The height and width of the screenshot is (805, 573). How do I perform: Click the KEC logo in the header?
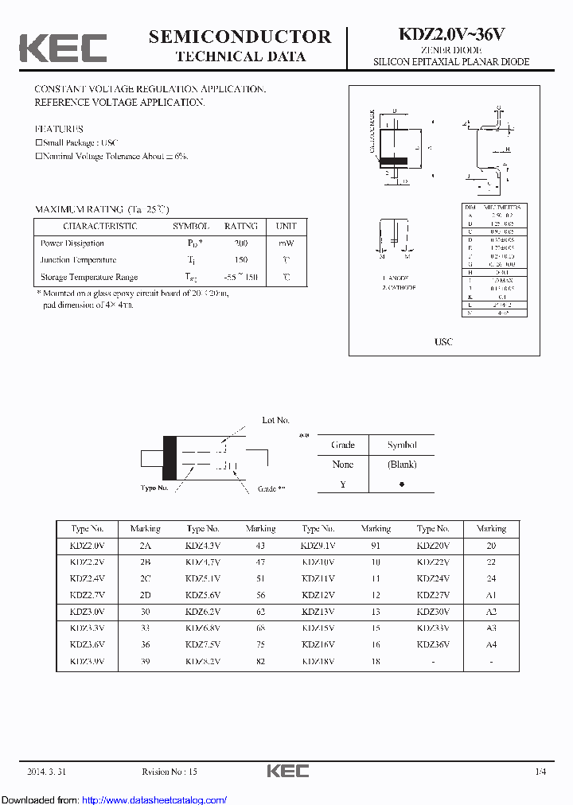click(x=62, y=48)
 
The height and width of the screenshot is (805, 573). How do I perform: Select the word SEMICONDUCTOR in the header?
click(x=240, y=37)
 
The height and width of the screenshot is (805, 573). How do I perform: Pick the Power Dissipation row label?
click(x=72, y=243)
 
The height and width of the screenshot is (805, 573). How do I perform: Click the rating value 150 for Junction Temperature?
click(x=240, y=260)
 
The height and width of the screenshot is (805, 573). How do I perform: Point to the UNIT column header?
click(x=285, y=226)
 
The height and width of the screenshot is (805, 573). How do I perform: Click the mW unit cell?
click(x=285, y=243)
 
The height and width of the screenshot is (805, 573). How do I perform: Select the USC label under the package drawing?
click(x=443, y=341)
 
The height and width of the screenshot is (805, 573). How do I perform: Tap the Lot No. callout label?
click(x=276, y=420)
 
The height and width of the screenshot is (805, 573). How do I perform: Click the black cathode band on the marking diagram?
click(x=170, y=459)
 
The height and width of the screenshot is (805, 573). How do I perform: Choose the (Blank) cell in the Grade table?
click(x=402, y=465)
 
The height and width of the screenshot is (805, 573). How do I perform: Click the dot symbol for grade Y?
click(x=402, y=484)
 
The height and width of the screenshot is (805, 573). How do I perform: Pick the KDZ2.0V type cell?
click(x=87, y=546)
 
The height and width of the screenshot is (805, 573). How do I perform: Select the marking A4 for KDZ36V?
click(x=491, y=644)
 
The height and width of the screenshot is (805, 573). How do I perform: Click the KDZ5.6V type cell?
click(x=203, y=595)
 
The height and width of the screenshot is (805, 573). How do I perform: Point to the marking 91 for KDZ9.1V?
click(x=376, y=546)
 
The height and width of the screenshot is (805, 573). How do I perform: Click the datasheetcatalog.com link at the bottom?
click(x=154, y=799)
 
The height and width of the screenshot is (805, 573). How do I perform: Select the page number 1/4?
click(x=541, y=772)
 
